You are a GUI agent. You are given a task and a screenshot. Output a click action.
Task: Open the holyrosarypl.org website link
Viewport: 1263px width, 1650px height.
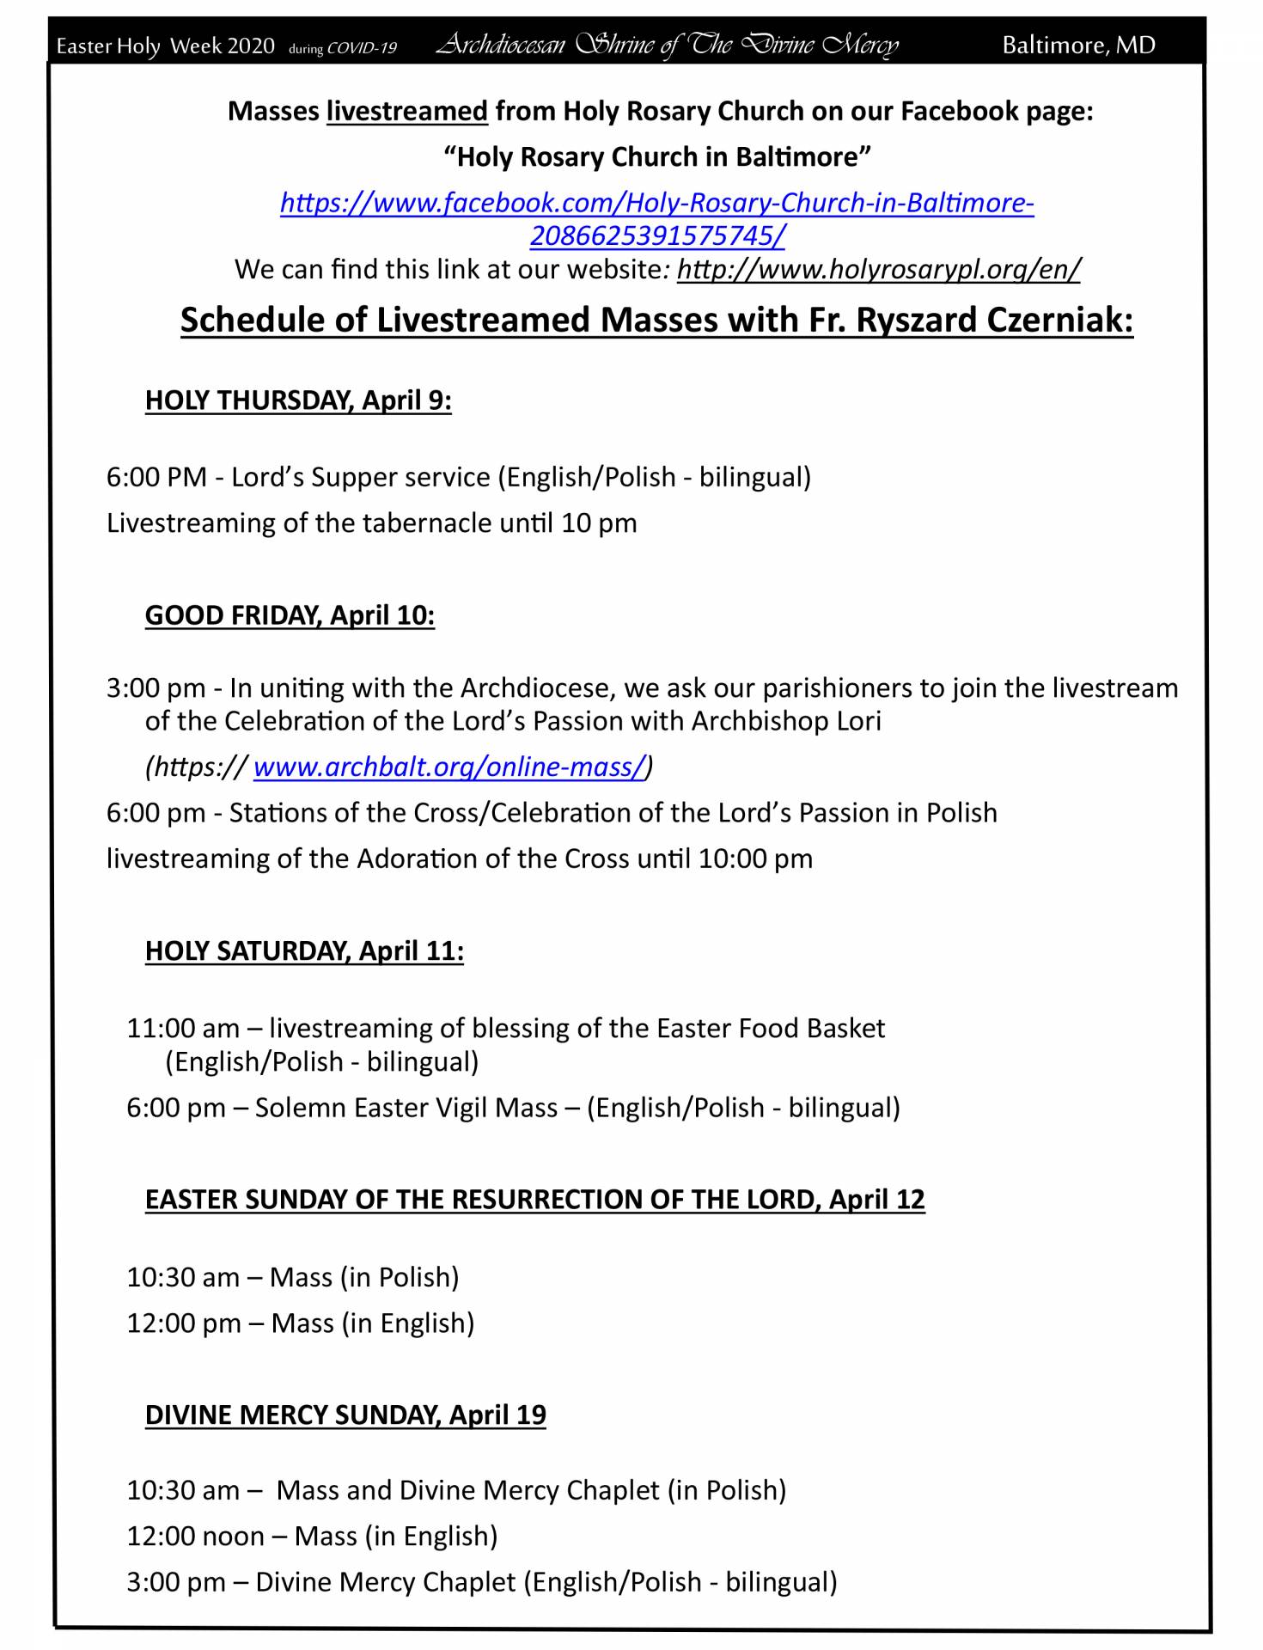pos(878,270)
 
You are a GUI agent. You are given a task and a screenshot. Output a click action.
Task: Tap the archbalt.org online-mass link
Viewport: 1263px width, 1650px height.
pos(448,767)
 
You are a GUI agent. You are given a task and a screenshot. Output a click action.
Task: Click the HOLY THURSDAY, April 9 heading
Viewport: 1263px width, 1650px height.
pos(298,400)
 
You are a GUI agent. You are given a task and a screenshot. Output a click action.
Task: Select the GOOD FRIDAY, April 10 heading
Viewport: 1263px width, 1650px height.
pos(290,615)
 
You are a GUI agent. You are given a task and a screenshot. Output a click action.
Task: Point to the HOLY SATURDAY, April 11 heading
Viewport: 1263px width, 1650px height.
pos(304,950)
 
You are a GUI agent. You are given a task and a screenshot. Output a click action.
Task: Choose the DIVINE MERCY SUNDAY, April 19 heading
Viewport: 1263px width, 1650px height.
pos(345,1415)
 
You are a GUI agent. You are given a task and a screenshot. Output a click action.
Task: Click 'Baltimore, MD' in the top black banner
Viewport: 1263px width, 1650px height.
pos(1078,45)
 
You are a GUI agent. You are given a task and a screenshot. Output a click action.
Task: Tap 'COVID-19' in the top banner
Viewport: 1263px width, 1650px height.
pos(362,48)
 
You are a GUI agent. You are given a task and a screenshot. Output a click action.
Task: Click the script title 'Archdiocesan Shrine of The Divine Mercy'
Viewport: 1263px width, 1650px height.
pos(668,44)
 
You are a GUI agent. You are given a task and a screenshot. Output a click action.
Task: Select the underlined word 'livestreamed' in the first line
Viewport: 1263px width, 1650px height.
pos(406,112)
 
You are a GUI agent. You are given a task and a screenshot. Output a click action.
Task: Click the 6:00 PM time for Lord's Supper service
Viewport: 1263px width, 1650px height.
pos(156,477)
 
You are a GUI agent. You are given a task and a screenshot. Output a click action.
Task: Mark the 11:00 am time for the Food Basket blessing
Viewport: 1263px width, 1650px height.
pos(183,1029)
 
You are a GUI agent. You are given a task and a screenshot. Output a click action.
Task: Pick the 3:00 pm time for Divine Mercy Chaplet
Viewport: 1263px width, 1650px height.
pos(176,1582)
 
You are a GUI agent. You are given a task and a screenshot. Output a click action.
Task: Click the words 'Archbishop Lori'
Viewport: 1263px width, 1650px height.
pos(785,721)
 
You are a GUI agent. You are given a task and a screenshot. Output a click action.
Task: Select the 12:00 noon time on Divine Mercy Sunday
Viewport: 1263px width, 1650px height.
pos(195,1537)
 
